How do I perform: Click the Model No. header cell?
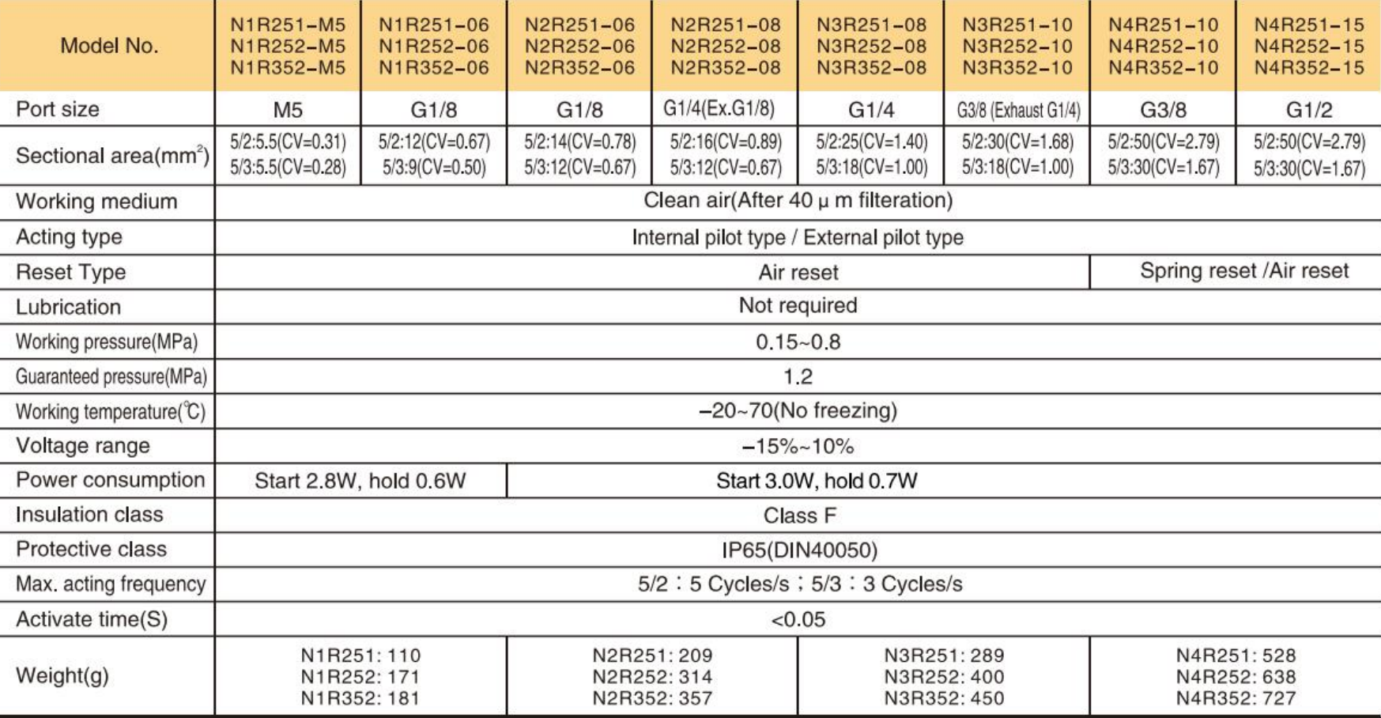[x=109, y=46]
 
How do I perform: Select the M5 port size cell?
[x=288, y=110]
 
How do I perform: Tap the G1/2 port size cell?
[x=1308, y=110]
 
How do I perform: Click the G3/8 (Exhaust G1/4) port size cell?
[x=1017, y=110]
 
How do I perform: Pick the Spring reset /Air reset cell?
[x=1243, y=271]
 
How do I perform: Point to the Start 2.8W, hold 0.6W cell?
[x=360, y=481]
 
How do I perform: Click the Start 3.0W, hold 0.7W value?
[x=817, y=481]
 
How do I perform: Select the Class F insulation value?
[x=799, y=516]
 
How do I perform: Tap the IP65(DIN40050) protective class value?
[x=799, y=550]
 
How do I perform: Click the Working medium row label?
[x=96, y=202]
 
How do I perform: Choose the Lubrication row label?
[x=69, y=307]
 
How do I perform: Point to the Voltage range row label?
[x=83, y=446]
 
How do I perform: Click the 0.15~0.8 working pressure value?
[x=798, y=342]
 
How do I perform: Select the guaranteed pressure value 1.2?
[x=798, y=376]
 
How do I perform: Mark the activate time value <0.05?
[x=798, y=619]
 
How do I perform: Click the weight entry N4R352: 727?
[x=1236, y=698]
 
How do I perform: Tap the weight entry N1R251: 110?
[x=360, y=656]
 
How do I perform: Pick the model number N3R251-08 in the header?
[x=871, y=25]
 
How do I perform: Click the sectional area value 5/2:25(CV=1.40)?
[x=871, y=142]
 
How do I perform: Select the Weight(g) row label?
[x=62, y=676]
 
